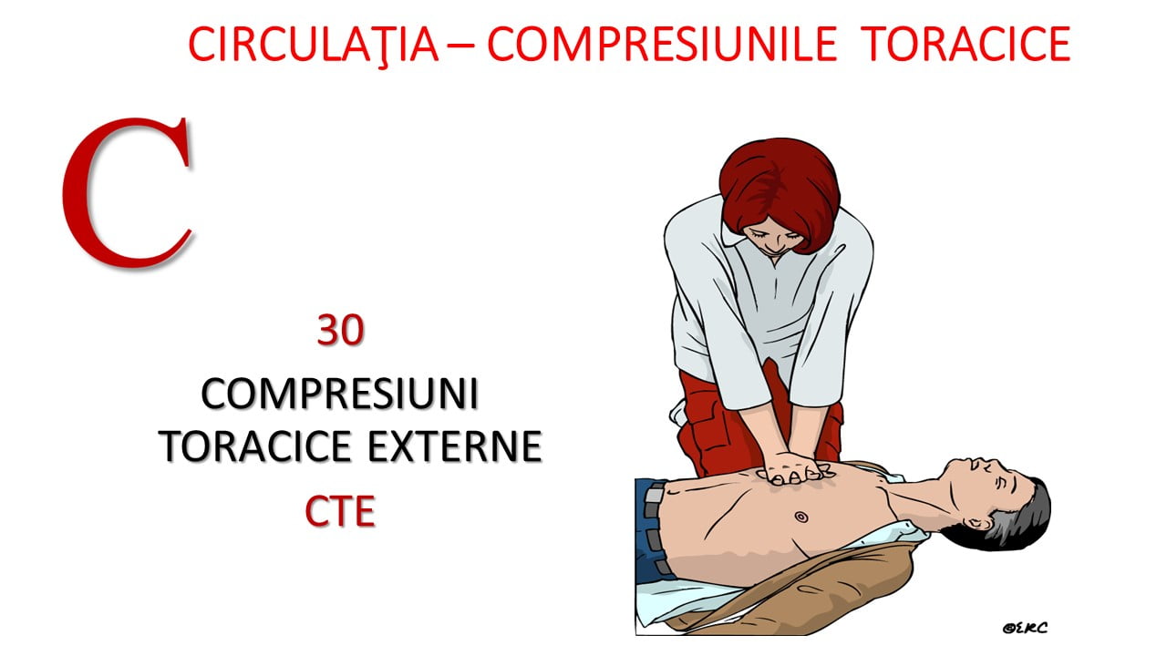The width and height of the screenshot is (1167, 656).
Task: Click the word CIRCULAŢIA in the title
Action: point(314,45)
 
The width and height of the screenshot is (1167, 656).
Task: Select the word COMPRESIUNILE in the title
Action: point(662,44)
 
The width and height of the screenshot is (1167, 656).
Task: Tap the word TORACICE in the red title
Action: point(966,44)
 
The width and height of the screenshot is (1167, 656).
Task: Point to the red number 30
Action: point(340,330)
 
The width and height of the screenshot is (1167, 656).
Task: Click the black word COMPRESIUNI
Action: point(340,395)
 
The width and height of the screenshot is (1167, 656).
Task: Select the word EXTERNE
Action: point(455,446)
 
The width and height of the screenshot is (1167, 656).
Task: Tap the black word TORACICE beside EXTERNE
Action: point(255,446)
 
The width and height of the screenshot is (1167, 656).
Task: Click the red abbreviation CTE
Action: point(340,511)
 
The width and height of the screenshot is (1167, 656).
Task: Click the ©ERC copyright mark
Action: point(1025,628)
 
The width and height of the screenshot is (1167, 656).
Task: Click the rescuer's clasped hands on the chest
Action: point(794,468)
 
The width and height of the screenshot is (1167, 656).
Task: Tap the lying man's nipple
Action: point(801,517)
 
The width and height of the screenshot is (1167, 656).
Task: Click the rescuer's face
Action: point(772,238)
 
